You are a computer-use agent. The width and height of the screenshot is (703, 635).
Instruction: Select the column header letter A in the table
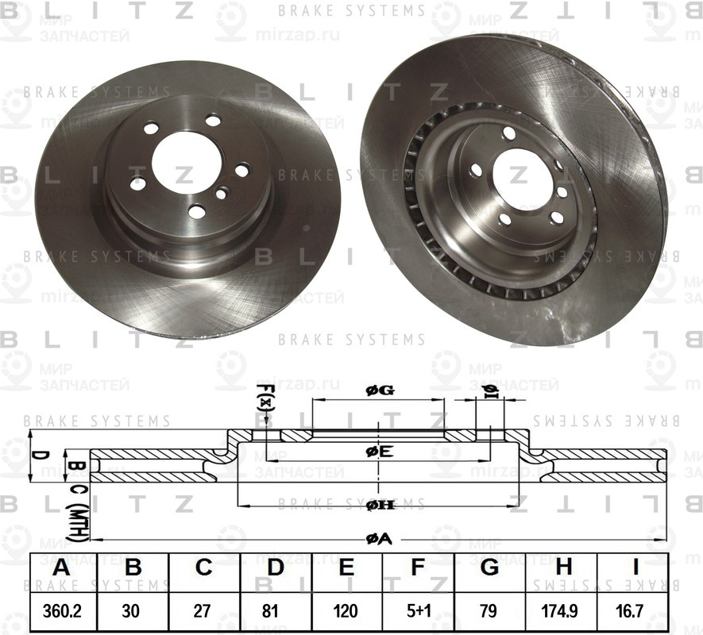coord(61,570)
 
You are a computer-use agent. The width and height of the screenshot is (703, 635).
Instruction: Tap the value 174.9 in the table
coord(562,614)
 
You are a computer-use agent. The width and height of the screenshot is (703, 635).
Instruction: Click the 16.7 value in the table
coord(633,614)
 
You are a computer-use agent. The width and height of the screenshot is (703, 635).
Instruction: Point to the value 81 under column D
coord(275,614)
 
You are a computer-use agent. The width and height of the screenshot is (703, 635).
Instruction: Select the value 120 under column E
coord(346,614)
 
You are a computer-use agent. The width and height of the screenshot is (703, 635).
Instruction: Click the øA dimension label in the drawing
coord(379,539)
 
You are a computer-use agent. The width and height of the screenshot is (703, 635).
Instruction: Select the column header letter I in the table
coord(633,570)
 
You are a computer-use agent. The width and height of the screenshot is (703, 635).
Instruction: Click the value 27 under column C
coord(203,614)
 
